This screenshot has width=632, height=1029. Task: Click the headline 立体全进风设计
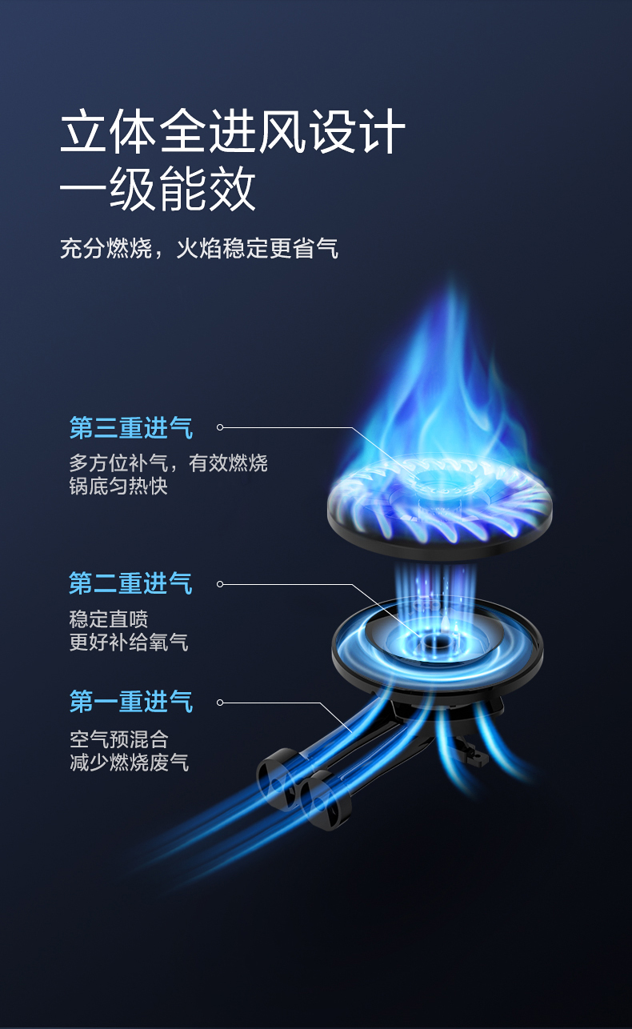(232, 132)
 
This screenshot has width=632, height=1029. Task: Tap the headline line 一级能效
(158, 190)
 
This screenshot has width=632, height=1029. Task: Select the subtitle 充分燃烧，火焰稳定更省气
(199, 248)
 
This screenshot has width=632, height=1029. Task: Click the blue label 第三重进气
(131, 428)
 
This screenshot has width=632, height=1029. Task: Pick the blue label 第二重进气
(131, 583)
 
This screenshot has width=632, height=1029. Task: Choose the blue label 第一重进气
(131, 702)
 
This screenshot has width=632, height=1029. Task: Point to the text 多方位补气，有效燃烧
(168, 462)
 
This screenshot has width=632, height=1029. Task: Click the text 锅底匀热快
(118, 486)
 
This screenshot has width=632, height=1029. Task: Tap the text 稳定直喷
(109, 619)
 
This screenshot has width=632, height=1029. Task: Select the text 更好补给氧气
(129, 642)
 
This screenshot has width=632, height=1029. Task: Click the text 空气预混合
(118, 739)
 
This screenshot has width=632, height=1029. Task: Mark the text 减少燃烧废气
(129, 762)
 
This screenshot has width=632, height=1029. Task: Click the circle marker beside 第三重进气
(220, 428)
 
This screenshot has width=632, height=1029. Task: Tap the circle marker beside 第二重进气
(220, 584)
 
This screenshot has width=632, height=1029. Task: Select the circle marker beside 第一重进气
(220, 703)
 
